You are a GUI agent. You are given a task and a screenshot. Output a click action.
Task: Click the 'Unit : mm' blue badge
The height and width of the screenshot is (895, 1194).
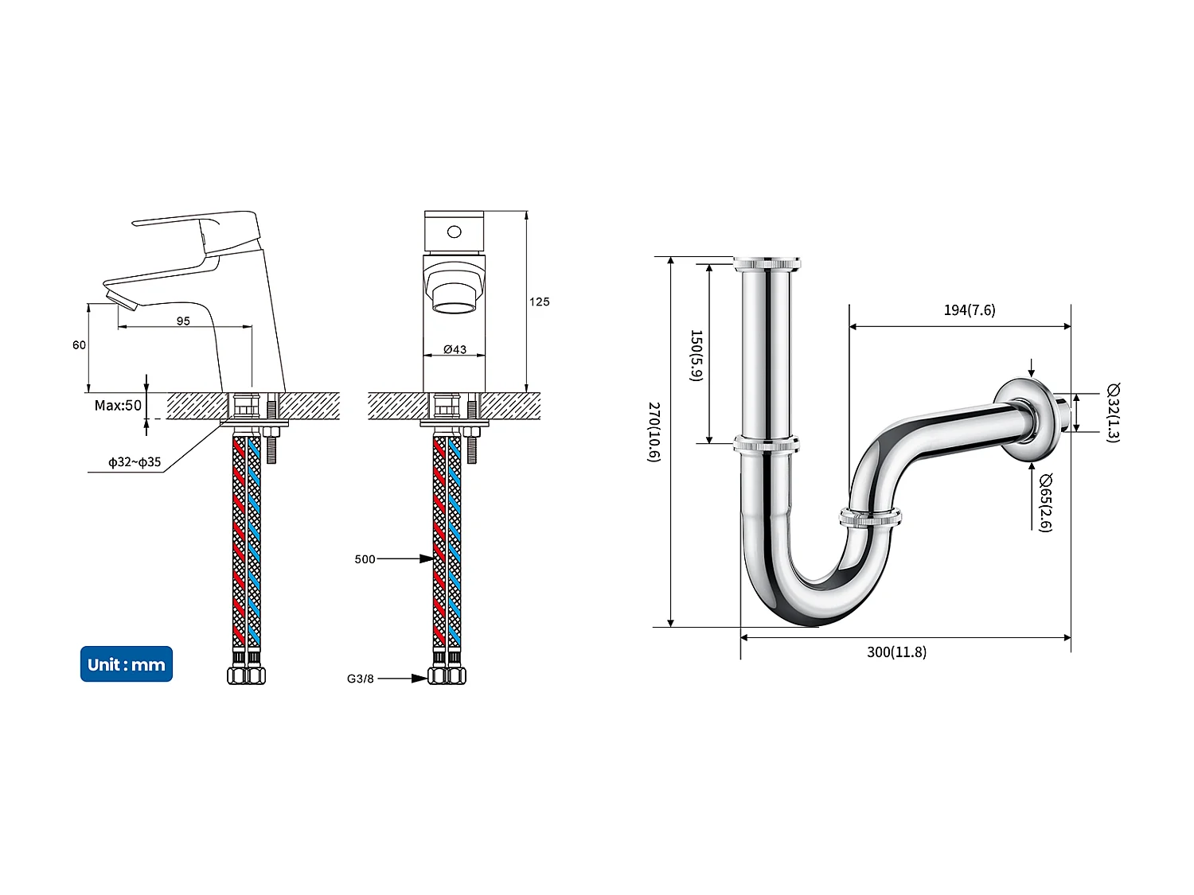pos(126,664)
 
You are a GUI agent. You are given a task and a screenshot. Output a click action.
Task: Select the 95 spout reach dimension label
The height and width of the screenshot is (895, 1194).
pos(183,321)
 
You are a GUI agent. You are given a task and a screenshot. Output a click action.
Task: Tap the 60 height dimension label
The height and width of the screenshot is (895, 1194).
pos(79,344)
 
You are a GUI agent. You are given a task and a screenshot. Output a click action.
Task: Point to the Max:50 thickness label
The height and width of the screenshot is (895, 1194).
pos(118,405)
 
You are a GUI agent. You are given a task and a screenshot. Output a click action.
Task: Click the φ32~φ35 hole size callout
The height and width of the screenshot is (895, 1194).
pos(135,461)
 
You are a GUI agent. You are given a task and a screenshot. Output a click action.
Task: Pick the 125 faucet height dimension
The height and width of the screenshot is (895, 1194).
pos(539,302)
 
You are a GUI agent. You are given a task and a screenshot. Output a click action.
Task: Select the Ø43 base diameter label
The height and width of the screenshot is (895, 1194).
pos(455,349)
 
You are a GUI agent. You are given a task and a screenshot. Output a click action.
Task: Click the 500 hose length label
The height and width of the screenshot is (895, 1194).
pos(365,559)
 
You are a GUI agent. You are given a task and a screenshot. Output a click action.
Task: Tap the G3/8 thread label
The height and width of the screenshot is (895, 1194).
pos(360,679)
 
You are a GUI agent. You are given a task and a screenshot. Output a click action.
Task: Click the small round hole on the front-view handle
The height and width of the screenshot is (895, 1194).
pos(454,232)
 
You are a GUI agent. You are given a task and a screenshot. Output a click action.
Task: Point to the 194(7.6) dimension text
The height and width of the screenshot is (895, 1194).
pos(969,309)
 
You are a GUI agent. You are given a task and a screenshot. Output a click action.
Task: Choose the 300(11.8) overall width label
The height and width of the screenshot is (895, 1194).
pos(896,652)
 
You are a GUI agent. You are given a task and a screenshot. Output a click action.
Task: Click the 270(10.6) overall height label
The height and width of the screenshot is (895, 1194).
pos(654,431)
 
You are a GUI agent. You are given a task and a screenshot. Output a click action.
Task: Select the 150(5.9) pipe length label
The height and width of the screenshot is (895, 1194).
pos(696,355)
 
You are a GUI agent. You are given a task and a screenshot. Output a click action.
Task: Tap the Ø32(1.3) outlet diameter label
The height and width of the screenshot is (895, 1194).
pos(1113,412)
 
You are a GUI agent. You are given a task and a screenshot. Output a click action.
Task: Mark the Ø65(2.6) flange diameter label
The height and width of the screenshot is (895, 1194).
pos(1045,502)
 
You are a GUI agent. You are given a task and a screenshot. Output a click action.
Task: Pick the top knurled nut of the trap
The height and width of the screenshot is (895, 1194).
pos(767,263)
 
